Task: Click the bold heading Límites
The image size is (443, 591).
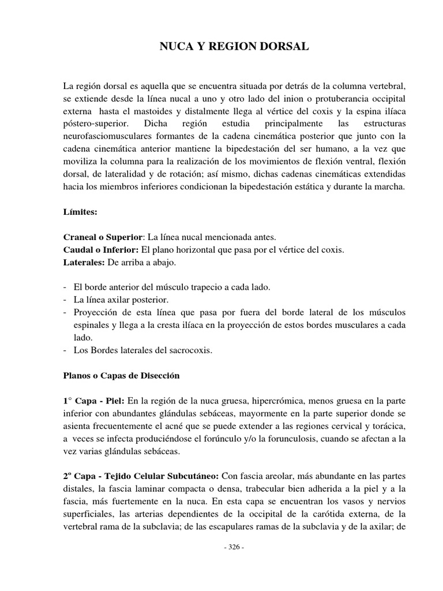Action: coord(80,212)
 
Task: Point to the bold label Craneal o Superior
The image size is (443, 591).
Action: coord(103,237)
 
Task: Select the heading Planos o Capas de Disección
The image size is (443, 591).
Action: coord(121,376)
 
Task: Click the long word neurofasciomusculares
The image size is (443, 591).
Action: coord(107,136)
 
